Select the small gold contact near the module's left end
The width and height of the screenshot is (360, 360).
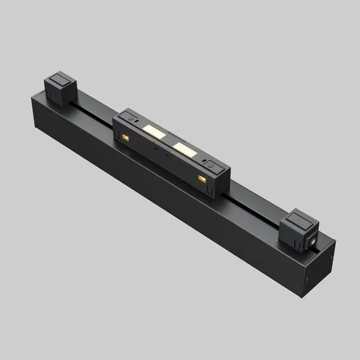pyautogui.click(x=126, y=136)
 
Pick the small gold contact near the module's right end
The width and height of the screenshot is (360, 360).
pyautogui.click(x=202, y=181)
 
